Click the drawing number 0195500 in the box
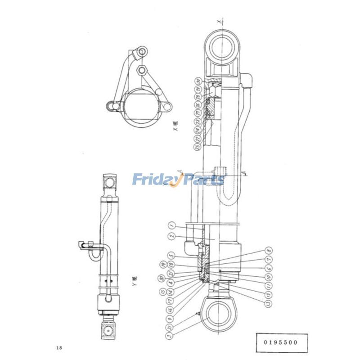[x=282, y=342]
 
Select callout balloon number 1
[x=171, y=224]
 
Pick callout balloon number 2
[x=171, y=236]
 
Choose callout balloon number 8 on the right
[x=269, y=250]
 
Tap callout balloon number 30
[x=197, y=81]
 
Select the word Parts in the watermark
[x=202, y=180]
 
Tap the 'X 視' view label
[x=176, y=126]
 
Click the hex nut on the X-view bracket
[x=143, y=70]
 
